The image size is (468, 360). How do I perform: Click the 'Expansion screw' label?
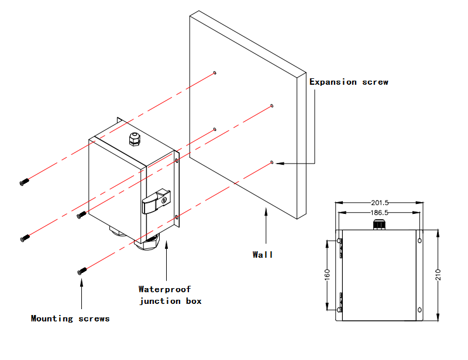click(349, 82)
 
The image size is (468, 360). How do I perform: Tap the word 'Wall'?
click(263, 254)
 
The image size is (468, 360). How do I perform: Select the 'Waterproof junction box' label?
click(170, 295)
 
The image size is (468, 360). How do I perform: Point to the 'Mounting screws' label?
click(70, 319)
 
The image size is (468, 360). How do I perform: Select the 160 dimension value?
click(327, 274)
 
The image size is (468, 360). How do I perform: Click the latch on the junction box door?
click(157, 202)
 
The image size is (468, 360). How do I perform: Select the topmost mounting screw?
click(23, 182)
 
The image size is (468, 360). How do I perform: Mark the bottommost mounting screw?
click(82, 271)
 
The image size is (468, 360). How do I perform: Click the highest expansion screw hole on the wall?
click(215, 73)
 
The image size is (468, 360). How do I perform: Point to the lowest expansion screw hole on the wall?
click(272, 161)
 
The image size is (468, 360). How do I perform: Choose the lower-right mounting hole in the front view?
click(419, 309)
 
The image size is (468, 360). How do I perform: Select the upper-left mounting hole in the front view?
click(339, 240)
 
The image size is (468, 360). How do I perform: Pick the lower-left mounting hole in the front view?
click(339, 309)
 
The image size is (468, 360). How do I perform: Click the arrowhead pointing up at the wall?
click(266, 212)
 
